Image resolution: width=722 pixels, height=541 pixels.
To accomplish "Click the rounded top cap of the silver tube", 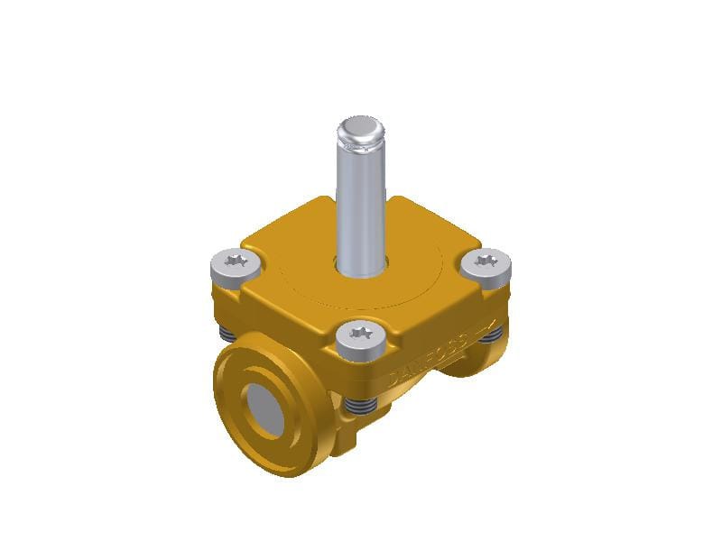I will pyautogui.click(x=361, y=132).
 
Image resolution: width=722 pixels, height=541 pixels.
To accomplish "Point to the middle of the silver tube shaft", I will pyautogui.click(x=361, y=203).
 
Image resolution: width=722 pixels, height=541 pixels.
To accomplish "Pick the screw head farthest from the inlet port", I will pyautogui.click(x=486, y=263).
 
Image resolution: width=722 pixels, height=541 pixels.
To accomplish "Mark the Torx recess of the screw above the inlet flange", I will pyautogui.click(x=236, y=260).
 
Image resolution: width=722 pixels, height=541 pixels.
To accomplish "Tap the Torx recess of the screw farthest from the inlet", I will pyautogui.click(x=486, y=261).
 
